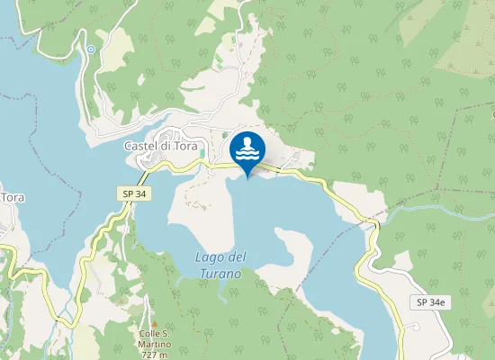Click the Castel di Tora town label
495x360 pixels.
point(159,145)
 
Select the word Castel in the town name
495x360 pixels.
point(140,145)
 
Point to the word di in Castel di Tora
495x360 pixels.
point(166,145)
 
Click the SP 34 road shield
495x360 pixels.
point(131,193)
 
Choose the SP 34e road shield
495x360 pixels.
point(431,301)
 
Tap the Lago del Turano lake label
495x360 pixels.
point(219,265)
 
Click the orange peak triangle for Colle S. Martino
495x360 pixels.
point(154,323)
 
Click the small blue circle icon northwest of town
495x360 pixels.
point(91,49)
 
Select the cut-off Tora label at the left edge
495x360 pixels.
point(12,197)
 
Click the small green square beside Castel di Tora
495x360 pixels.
point(202,154)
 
